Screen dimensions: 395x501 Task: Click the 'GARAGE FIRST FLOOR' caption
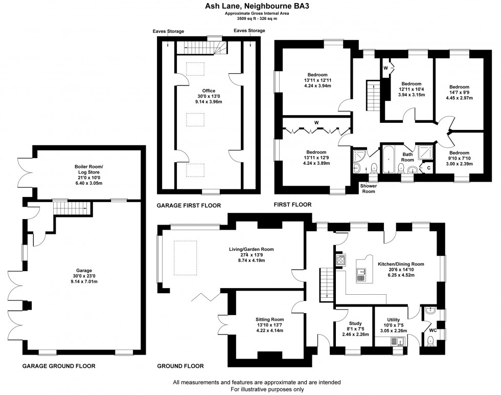(189, 205)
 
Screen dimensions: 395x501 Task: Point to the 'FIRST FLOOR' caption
(292, 205)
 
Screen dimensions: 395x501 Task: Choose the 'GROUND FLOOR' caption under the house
(180, 366)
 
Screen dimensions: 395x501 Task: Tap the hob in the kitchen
(340, 260)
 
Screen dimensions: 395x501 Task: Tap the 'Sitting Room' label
(269, 319)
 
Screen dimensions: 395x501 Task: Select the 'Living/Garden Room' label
(251, 249)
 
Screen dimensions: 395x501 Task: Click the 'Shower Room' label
(368, 188)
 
